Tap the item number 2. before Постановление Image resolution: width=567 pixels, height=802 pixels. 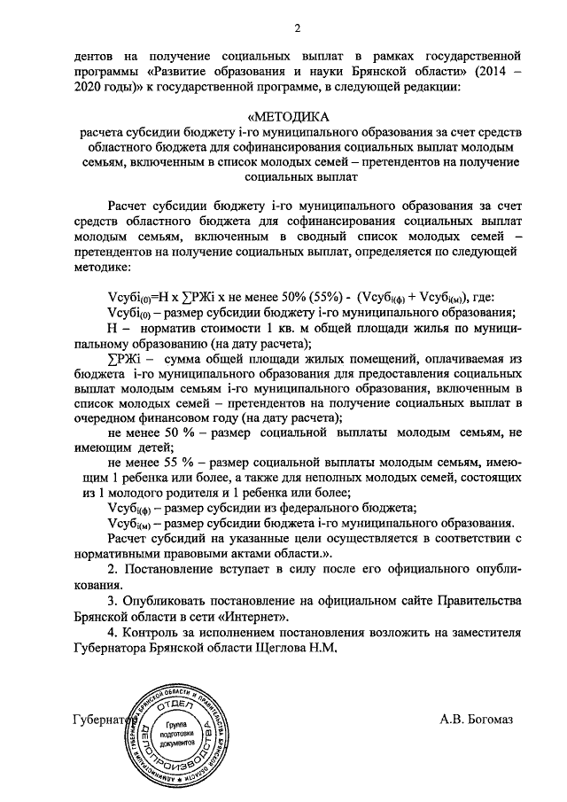[x=111, y=567]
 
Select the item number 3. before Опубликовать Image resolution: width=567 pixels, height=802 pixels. [x=111, y=600]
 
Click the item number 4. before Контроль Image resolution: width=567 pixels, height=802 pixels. [x=111, y=632]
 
